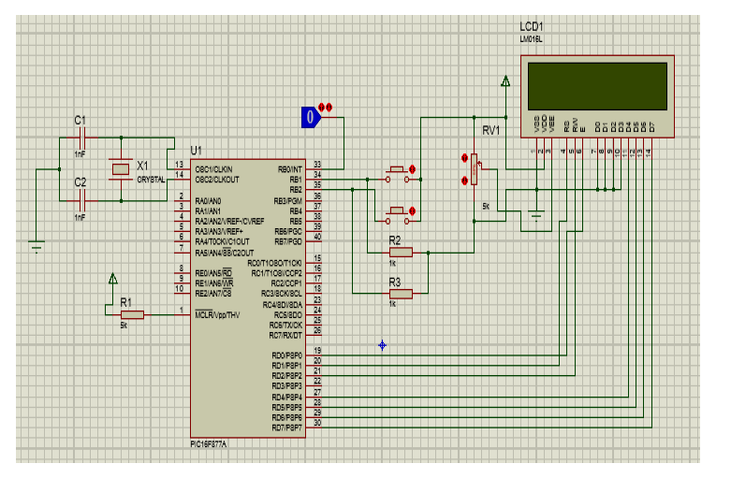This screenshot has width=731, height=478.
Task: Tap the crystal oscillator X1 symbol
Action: tap(120, 168)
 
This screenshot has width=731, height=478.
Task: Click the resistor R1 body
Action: tap(131, 315)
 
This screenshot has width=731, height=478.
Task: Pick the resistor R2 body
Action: tap(401, 252)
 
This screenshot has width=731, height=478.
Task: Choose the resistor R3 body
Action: tap(400, 294)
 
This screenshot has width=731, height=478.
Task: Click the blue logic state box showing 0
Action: tap(310, 117)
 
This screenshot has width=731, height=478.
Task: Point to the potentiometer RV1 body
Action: tap(475, 171)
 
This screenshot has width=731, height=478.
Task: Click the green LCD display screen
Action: tap(597, 85)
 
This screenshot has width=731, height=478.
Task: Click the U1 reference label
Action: tap(196, 150)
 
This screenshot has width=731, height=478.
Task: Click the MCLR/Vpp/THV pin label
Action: tap(224, 315)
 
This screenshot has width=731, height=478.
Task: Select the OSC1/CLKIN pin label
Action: tap(215, 168)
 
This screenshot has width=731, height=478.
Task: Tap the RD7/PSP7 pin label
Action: tap(286, 427)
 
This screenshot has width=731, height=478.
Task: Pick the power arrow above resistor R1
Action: tap(113, 279)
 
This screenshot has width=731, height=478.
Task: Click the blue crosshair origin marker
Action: tap(383, 345)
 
